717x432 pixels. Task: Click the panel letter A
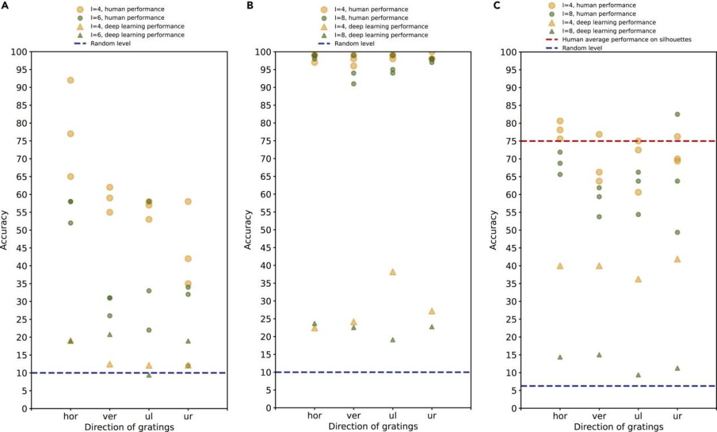tap(5, 5)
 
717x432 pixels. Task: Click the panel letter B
tap(250, 5)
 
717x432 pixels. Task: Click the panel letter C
tap(495, 5)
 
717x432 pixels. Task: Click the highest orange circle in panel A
tap(70, 80)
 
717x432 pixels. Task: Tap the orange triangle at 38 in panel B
tap(392, 272)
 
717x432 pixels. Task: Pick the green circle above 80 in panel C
tap(677, 114)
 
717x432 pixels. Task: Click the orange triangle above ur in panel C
tap(677, 259)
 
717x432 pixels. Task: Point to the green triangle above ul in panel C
tap(638, 375)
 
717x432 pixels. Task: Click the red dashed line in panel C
tap(597, 141)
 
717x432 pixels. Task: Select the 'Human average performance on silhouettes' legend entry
tap(625, 39)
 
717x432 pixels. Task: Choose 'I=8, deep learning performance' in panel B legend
tap(381, 35)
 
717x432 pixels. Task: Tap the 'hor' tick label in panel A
tap(70, 416)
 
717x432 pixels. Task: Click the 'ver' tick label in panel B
tap(353, 416)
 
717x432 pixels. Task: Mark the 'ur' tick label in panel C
tap(677, 416)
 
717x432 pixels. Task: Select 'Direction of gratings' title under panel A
tap(129, 427)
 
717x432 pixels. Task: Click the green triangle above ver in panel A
tap(110, 334)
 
